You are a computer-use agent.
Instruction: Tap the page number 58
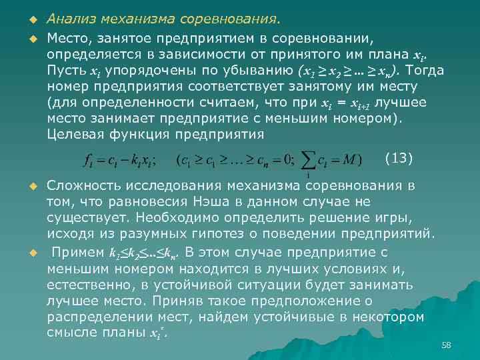446,345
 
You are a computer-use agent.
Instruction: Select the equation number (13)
399,158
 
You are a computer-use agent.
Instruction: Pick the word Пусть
66,70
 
